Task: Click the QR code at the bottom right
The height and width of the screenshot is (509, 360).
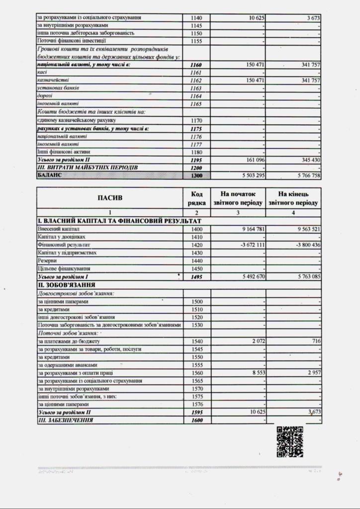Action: coord(290,441)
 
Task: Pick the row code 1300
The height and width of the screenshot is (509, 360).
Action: coord(196,176)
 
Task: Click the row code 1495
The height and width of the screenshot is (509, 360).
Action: coord(196,277)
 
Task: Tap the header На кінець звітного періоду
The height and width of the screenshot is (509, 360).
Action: coord(293,198)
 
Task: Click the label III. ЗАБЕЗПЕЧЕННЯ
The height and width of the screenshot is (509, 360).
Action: coord(66,421)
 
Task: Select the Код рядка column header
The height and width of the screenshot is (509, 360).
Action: coord(196,198)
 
